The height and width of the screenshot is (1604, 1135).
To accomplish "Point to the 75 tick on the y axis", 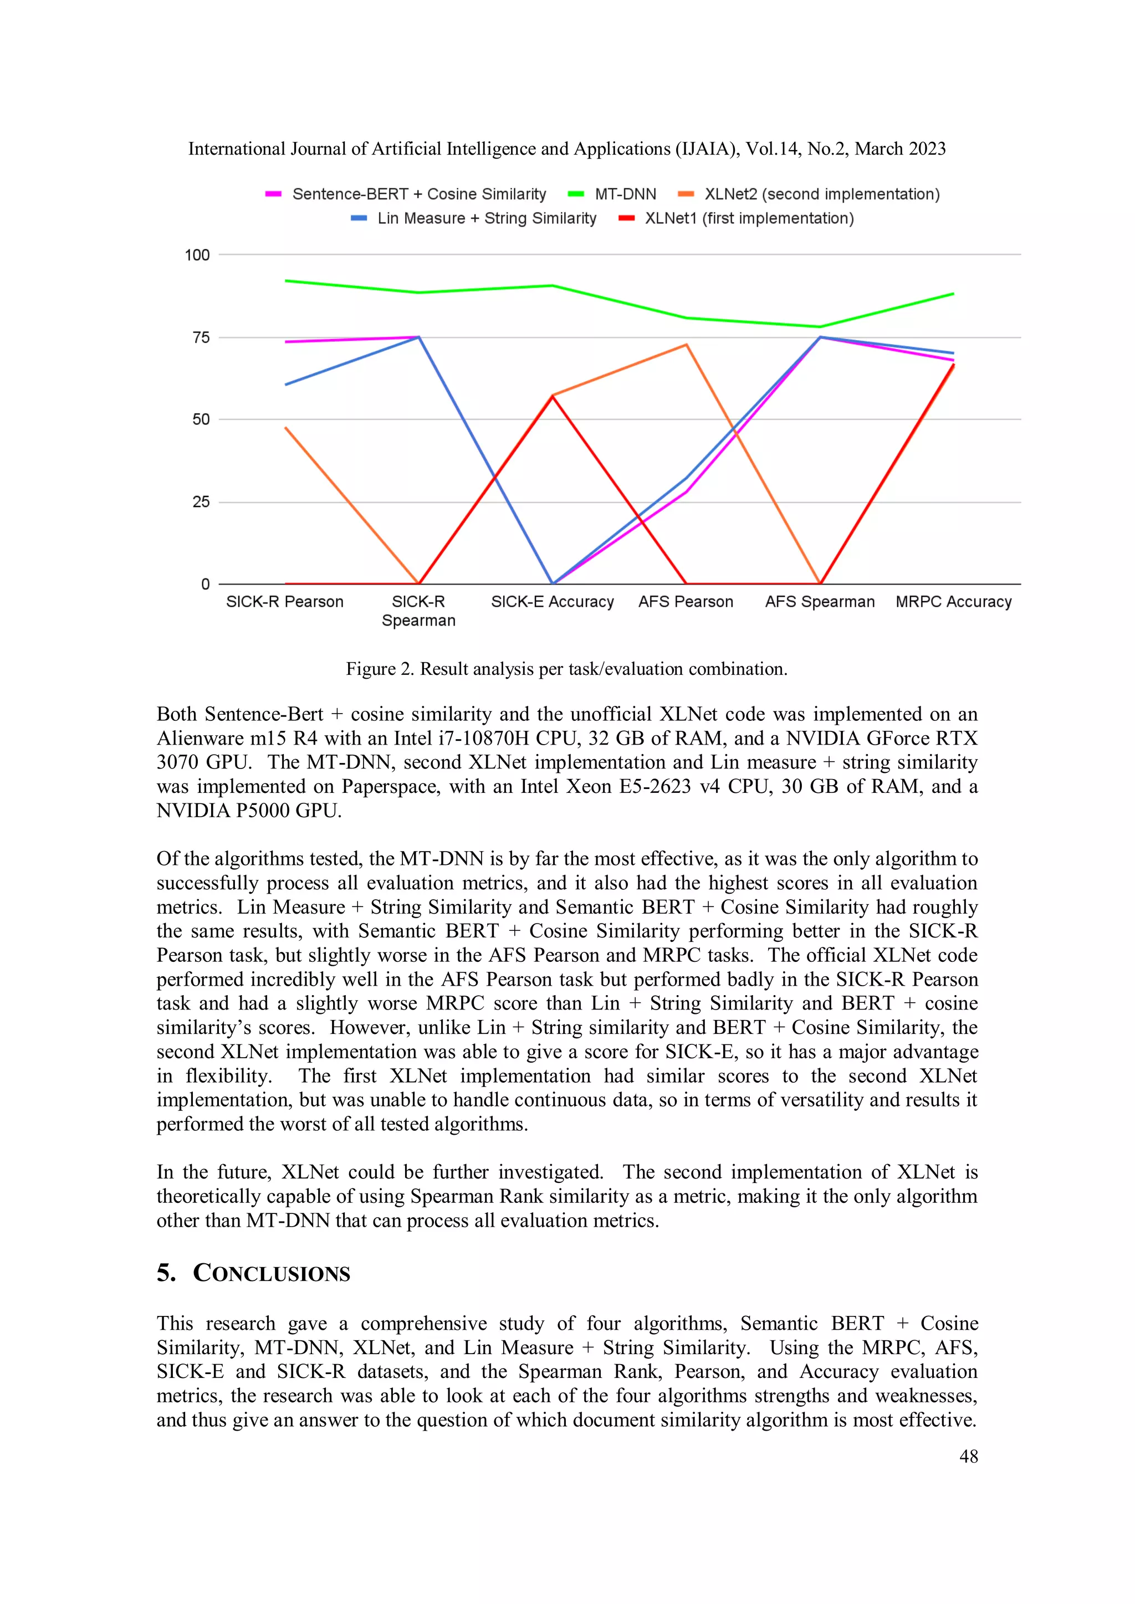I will (201, 338).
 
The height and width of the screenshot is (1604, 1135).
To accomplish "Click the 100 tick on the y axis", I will (197, 255).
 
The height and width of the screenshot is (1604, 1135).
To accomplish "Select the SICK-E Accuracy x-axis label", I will (552, 602).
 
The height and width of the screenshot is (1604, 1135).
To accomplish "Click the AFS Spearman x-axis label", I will (819, 602).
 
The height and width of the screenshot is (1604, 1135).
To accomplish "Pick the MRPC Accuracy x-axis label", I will (953, 602).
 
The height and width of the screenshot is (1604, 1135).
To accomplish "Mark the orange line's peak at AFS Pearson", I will (686, 345).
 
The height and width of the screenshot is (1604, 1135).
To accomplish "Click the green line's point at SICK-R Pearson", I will (286, 281).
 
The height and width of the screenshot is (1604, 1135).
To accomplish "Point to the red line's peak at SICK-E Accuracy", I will (552, 396).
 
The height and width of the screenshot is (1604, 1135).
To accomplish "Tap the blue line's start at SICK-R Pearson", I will (286, 384).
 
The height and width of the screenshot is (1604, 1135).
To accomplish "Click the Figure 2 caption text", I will (566, 669).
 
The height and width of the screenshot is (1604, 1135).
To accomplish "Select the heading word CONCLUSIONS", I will (271, 1274).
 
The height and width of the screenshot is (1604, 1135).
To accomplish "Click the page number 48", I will (968, 1457).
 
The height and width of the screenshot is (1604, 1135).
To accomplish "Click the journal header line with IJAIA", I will (566, 149).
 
